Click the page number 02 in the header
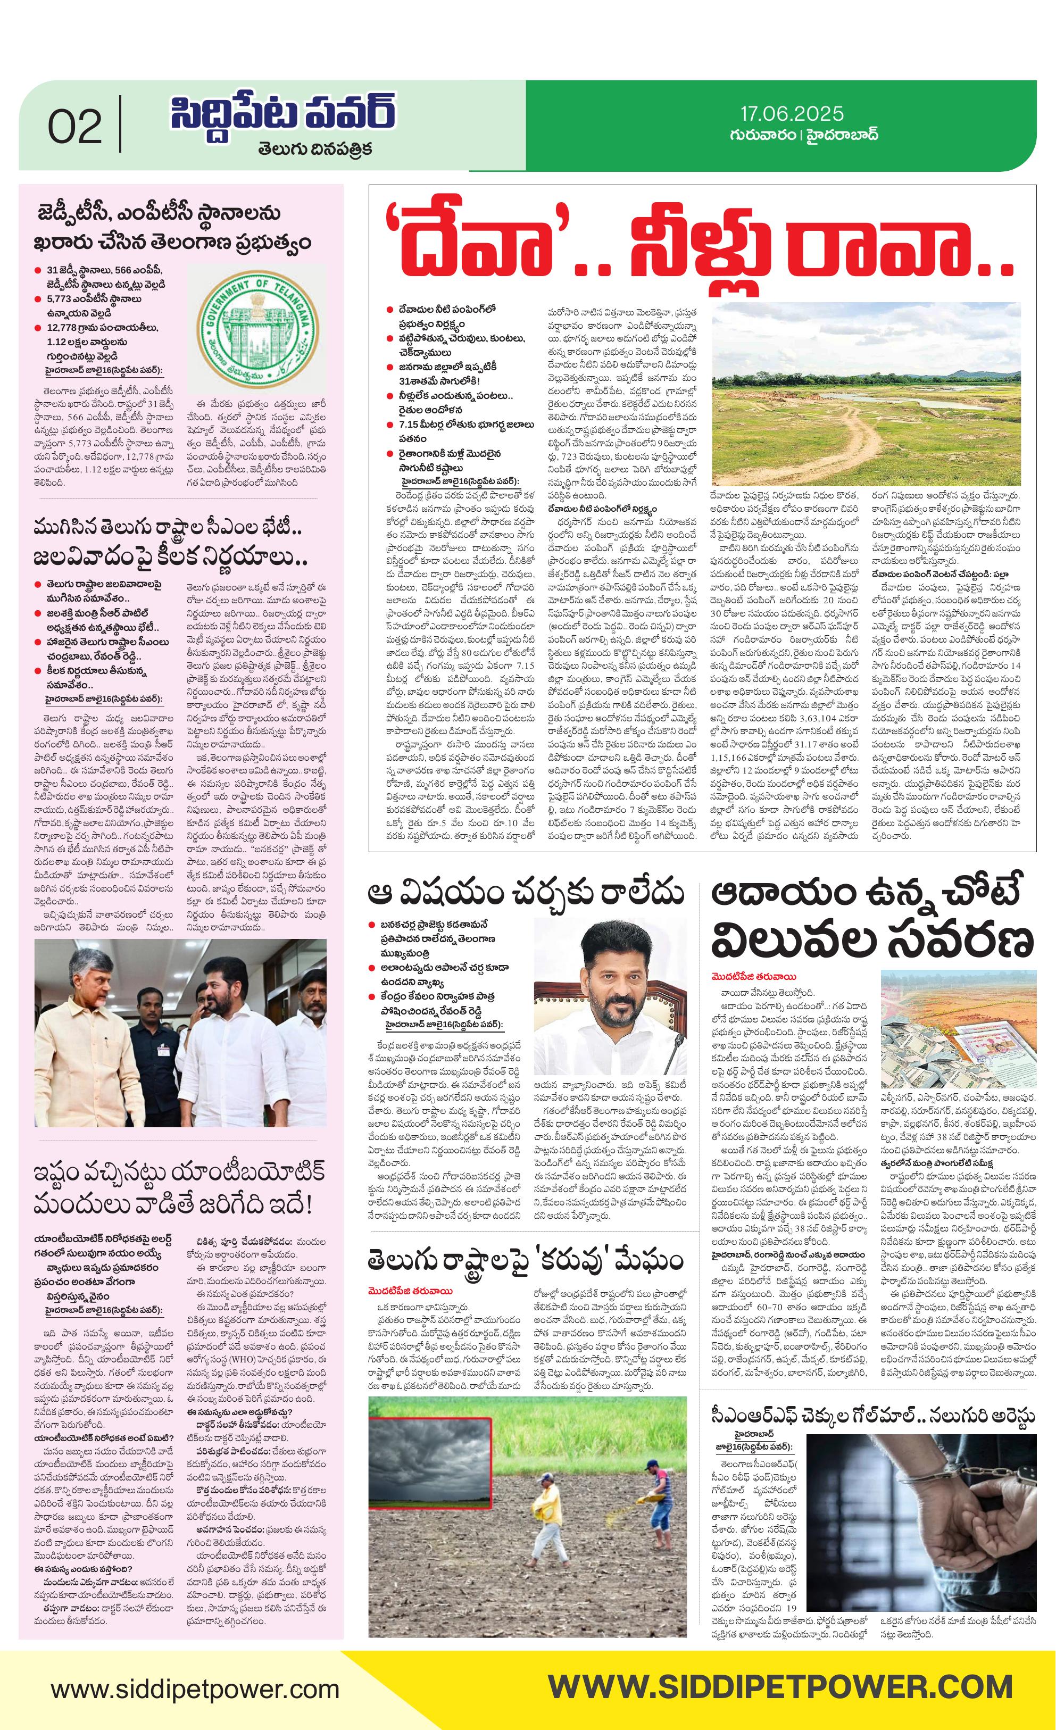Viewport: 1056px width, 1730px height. coord(74,127)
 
